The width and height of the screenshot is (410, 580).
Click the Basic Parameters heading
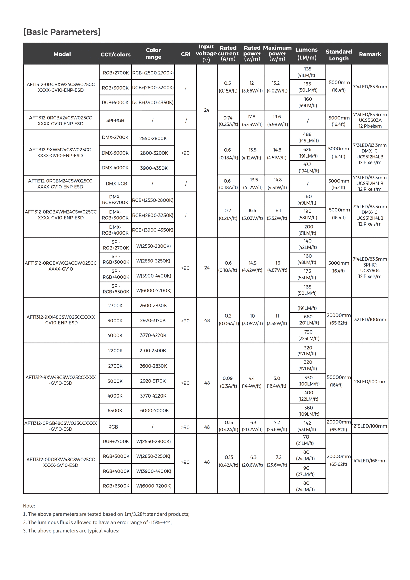point(62,32)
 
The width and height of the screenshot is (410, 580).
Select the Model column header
point(62,54)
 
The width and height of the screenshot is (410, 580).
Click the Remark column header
point(370,54)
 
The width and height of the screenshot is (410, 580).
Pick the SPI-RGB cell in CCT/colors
point(115,120)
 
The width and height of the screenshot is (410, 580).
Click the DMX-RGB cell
point(116,184)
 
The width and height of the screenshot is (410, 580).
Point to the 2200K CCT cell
point(115,350)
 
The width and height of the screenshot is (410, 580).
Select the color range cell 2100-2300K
point(153,350)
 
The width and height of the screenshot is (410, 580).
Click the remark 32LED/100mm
point(370,319)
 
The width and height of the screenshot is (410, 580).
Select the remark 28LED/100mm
point(370,381)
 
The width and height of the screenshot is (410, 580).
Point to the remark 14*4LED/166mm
point(369,461)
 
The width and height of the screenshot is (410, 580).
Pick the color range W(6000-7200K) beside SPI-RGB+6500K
point(154,290)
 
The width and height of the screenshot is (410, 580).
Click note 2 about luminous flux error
point(97,522)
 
